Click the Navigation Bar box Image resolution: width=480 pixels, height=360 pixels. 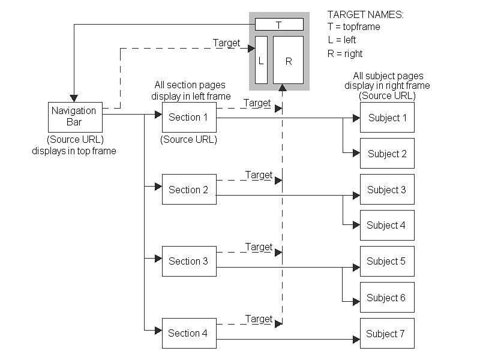74,117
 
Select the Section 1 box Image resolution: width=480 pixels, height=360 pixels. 189,117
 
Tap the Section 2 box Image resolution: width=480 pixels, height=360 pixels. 189,190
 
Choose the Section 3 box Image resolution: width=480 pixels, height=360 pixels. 189,261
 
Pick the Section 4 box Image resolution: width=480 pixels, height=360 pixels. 189,333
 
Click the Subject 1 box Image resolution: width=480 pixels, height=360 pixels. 387,118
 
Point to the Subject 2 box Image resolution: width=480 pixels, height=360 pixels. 387,154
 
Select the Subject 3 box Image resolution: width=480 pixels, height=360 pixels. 387,190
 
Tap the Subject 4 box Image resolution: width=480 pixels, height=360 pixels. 387,226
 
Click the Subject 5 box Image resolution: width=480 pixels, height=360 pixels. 387,261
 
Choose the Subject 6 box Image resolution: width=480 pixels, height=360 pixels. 387,298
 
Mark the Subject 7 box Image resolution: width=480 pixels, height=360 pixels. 387,334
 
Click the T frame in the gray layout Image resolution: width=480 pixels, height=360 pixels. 279,25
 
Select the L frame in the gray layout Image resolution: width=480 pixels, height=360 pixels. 261,60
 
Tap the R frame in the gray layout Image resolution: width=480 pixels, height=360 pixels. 288,60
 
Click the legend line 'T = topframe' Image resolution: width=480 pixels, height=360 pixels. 353,27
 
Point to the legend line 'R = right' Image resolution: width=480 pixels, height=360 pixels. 345,53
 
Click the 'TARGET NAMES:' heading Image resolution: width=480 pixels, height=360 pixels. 365,14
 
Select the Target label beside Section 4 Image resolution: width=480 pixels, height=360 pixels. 259,319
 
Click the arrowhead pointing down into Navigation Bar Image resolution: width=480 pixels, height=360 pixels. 74,97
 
